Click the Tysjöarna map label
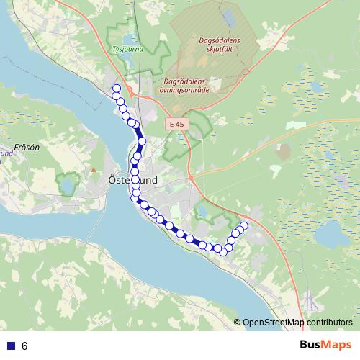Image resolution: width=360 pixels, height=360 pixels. click(x=128, y=50)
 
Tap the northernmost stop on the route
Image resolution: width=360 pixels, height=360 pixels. click(x=115, y=89)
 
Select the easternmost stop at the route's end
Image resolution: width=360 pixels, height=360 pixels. click(x=243, y=226)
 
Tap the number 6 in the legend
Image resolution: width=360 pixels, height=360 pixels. click(x=24, y=346)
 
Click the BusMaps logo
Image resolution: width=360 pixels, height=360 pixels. click(x=325, y=346)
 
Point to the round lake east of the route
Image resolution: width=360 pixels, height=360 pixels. click(x=333, y=232)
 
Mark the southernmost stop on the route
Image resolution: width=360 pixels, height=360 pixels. click(x=223, y=251)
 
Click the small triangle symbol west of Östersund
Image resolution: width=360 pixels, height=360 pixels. click(x=93, y=170)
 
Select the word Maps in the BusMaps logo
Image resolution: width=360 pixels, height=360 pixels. click(x=337, y=346)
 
